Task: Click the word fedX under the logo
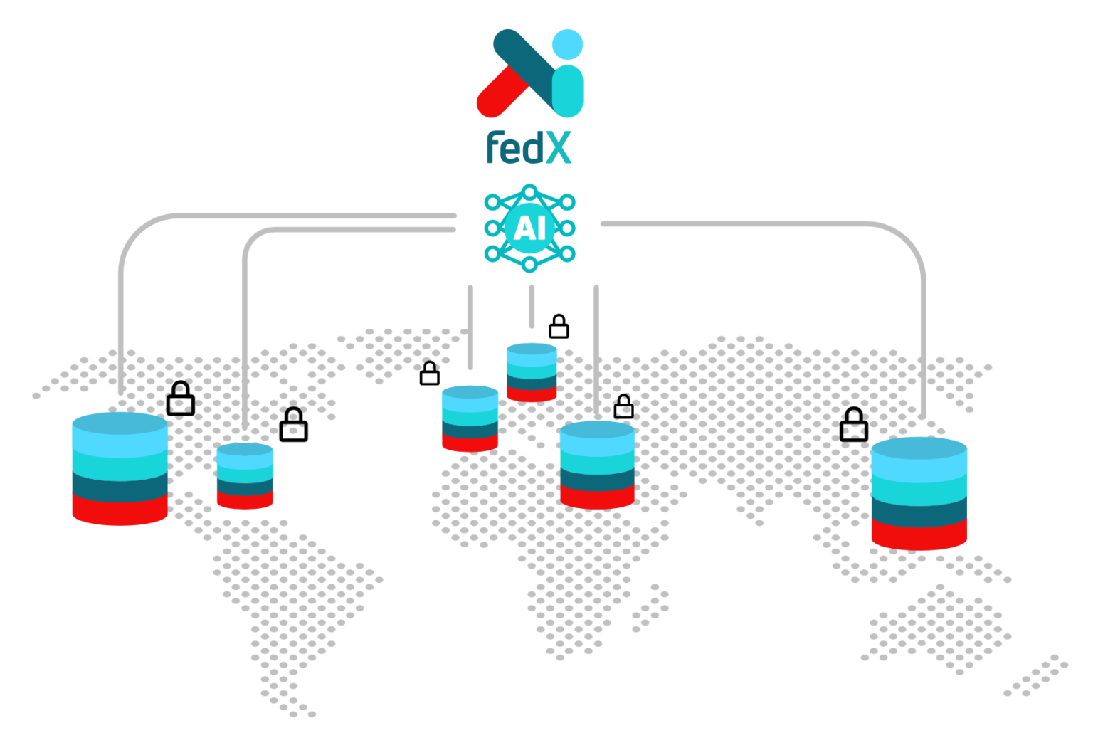(x=528, y=147)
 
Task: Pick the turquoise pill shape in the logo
(x=568, y=91)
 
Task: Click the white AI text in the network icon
(x=529, y=228)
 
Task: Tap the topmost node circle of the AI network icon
(x=529, y=191)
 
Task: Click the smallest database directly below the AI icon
(x=532, y=371)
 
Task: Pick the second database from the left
(x=245, y=475)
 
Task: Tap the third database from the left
(x=470, y=418)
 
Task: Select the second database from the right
(x=597, y=465)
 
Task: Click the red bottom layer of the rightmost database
(x=919, y=535)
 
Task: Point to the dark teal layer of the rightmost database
(x=919, y=511)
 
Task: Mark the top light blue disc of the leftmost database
(x=120, y=424)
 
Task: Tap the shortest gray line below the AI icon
(x=532, y=306)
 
